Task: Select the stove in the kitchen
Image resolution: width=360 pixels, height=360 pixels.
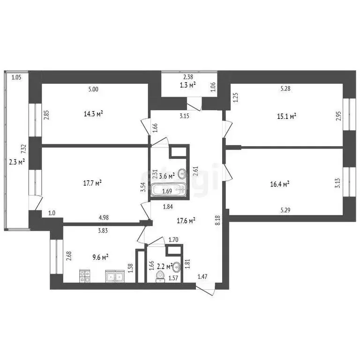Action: [x=85, y=277]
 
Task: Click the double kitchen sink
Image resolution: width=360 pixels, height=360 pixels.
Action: [x=114, y=277]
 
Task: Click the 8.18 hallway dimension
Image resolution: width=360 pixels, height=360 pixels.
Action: [x=217, y=220]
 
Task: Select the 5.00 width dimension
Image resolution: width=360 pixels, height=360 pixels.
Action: [x=93, y=90]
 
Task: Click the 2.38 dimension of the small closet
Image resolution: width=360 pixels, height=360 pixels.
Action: [x=188, y=78]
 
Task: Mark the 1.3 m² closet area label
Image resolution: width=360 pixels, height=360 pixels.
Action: [x=187, y=85]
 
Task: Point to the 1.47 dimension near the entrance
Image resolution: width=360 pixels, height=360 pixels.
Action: [x=202, y=277]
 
